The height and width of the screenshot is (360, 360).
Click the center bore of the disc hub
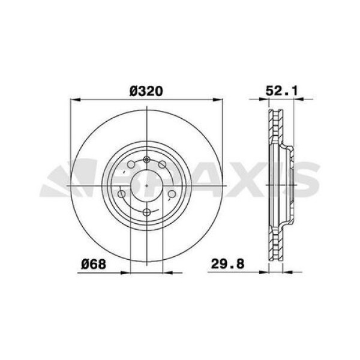point(147,185)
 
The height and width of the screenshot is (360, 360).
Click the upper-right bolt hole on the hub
point(163,166)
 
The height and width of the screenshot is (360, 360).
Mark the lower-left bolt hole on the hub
point(123,194)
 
